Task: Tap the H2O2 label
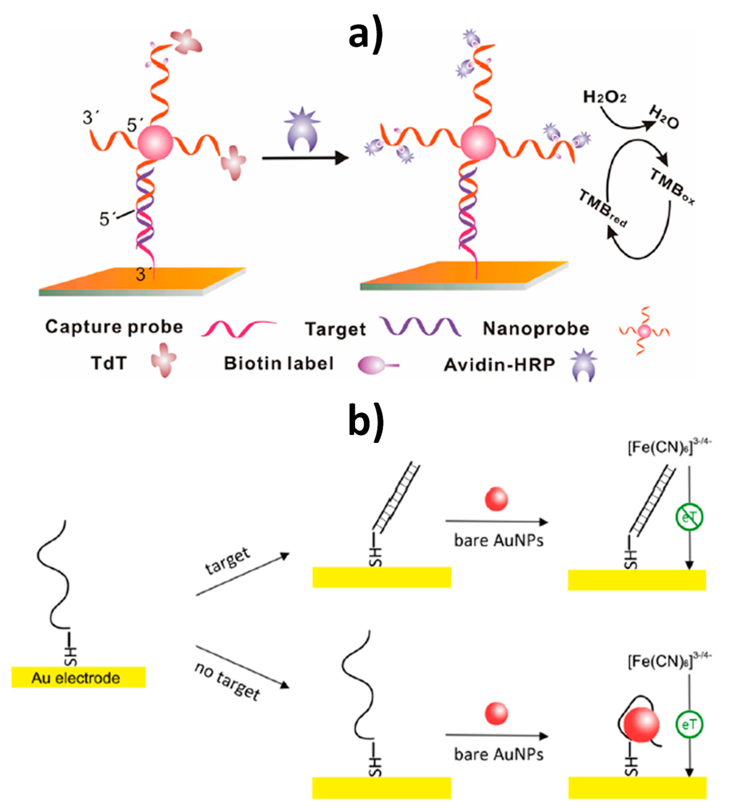tap(604, 97)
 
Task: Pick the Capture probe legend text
tap(114, 327)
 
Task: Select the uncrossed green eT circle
tap(689, 725)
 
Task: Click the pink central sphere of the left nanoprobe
tap(155, 143)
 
